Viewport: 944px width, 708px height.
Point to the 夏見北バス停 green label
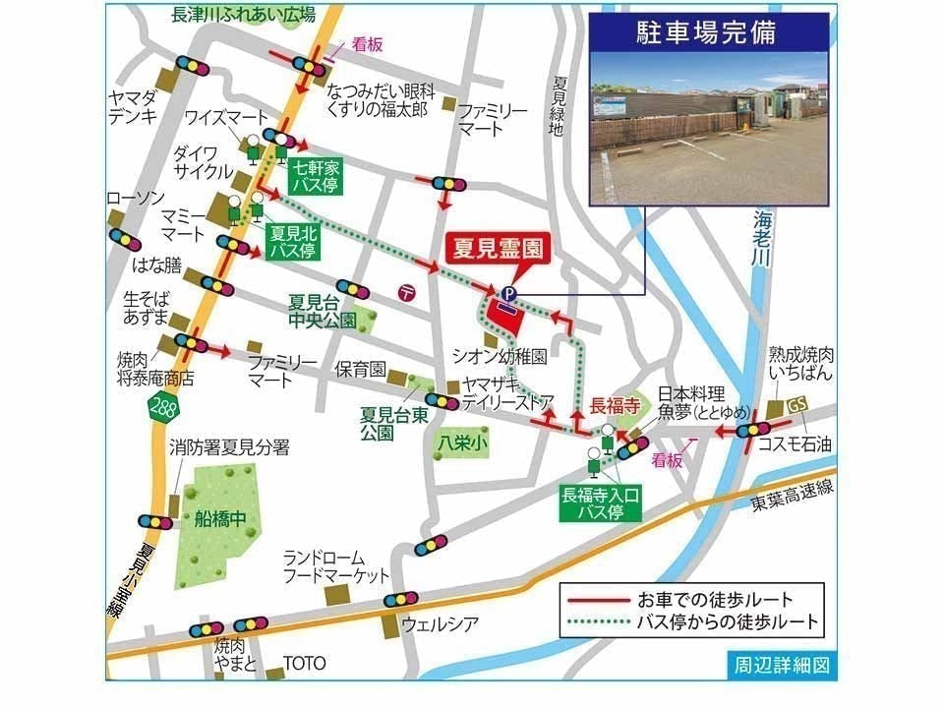(x=292, y=241)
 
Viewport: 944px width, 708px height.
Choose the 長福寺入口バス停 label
(x=601, y=503)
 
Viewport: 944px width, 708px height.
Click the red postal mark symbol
(x=407, y=290)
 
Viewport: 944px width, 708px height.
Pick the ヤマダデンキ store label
(x=136, y=106)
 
